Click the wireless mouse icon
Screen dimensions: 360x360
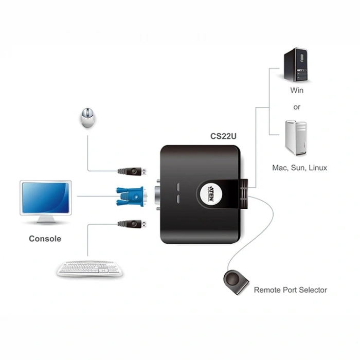tap(88, 118)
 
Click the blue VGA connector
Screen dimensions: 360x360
tap(131, 196)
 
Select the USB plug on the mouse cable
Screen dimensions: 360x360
tap(132, 171)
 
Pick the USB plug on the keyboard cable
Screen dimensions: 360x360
tap(132, 224)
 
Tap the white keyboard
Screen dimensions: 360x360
tap(89, 268)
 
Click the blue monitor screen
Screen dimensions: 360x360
tap(45, 197)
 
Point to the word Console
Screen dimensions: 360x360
tap(45, 239)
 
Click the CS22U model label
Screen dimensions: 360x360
tap(223, 136)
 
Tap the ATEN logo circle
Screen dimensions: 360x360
tap(211, 194)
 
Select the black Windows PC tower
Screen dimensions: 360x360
tap(296, 64)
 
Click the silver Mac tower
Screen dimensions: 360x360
tap(296, 138)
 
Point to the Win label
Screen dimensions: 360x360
tap(297, 91)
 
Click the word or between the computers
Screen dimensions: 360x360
tap(297, 107)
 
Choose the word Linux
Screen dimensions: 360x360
tap(318, 168)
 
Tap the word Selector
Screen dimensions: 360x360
tap(313, 290)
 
